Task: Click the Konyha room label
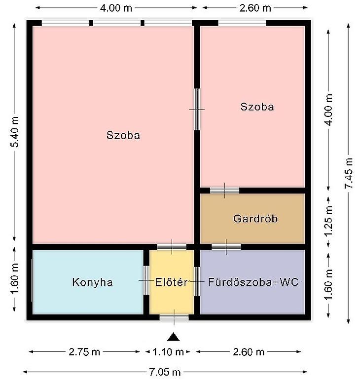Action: [x=93, y=282]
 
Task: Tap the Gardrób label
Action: [x=255, y=219]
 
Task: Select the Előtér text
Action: [x=171, y=282]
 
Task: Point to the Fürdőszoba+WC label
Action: [x=253, y=282]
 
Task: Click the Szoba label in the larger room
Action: [x=123, y=135]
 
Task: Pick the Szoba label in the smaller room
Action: [x=257, y=107]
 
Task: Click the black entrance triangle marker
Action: [x=174, y=337]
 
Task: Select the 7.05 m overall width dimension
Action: [x=165, y=372]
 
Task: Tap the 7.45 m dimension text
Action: [x=349, y=173]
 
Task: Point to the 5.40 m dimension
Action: [x=14, y=132]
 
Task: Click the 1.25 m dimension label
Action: [x=328, y=221]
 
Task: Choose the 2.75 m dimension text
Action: [x=84, y=352]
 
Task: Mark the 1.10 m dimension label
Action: [x=168, y=352]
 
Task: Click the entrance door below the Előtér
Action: [x=174, y=317]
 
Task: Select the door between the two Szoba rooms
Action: [x=197, y=109]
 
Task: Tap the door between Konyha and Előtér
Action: [x=146, y=280]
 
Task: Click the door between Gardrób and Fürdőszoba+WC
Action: [x=226, y=247]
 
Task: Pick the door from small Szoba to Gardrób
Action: [x=224, y=191]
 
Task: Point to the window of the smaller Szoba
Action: [x=242, y=23]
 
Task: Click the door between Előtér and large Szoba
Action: [x=172, y=247]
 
